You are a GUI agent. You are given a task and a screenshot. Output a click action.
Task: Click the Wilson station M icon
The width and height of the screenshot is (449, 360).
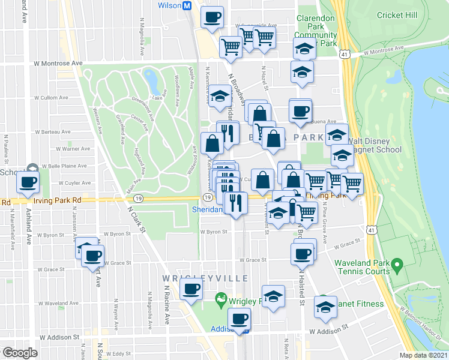click(187, 5)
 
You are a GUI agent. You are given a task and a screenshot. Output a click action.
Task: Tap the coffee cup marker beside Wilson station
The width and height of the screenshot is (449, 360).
click(211, 17)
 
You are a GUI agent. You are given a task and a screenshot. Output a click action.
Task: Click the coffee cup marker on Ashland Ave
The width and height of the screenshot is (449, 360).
click(27, 182)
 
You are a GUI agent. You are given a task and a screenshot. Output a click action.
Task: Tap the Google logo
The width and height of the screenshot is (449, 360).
click(20, 353)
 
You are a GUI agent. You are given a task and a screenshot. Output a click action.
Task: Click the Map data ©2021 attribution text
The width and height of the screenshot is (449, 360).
click(424, 355)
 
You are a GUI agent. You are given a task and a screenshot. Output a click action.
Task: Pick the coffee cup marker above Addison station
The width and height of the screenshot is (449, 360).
click(240, 319)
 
